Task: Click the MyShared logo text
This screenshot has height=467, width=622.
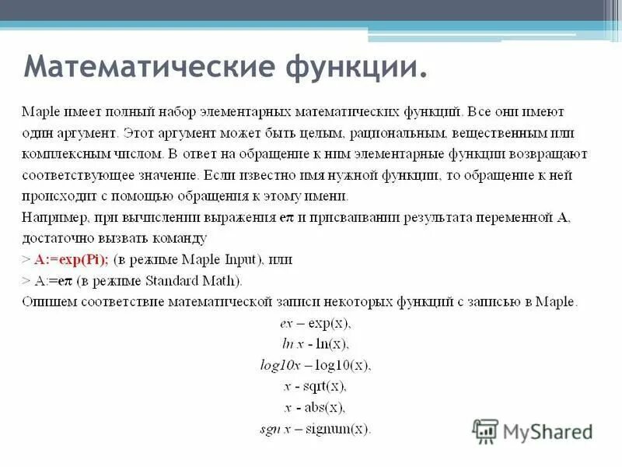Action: [547, 430]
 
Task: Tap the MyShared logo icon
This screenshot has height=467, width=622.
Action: [485, 430]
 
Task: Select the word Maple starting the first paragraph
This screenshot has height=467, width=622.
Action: [38, 112]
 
